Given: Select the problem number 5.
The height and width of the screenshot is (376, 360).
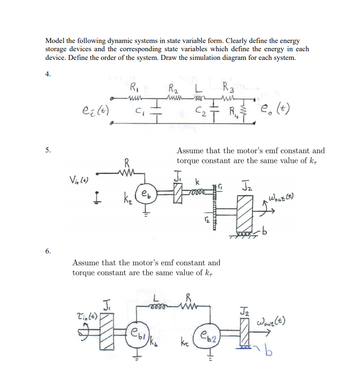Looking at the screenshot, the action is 48,150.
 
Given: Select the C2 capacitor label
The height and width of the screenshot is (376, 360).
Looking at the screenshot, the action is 198,109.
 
